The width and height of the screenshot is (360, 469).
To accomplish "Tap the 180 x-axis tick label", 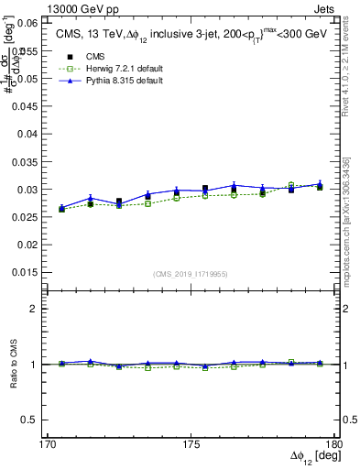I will pos(333,443).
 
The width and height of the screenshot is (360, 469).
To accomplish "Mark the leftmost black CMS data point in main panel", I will pos(61,209).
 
